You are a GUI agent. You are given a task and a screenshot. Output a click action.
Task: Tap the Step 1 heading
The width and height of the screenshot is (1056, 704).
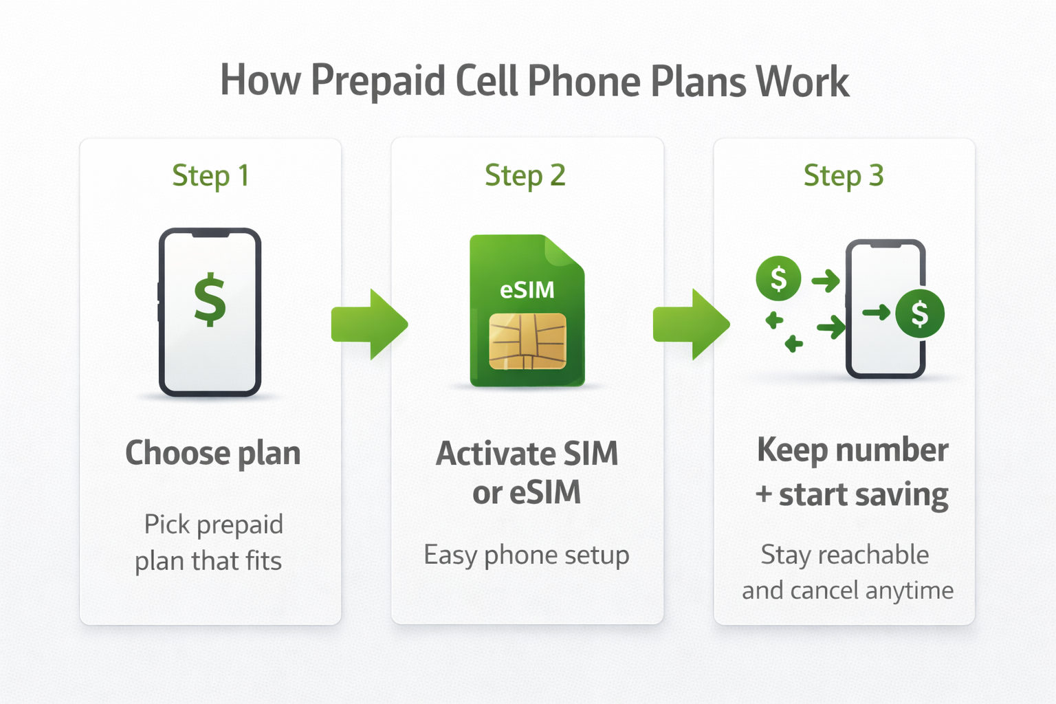(x=210, y=176)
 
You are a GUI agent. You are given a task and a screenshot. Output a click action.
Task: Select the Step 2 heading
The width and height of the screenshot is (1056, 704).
(x=525, y=176)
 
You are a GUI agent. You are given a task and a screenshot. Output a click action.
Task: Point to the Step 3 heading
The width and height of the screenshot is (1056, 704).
(x=844, y=176)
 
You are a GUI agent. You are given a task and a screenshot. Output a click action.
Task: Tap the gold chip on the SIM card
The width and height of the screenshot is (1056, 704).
(x=527, y=342)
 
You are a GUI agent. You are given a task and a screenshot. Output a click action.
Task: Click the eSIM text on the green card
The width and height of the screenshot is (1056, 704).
(x=527, y=290)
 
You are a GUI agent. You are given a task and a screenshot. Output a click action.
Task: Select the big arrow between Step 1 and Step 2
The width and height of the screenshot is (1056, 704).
(x=369, y=324)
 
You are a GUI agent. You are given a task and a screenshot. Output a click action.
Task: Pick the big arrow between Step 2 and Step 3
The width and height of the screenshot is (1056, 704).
(x=691, y=324)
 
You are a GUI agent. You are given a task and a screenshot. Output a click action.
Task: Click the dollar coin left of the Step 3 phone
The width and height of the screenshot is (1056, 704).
(x=778, y=278)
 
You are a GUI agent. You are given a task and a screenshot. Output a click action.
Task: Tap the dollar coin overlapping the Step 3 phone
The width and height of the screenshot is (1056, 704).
(x=920, y=313)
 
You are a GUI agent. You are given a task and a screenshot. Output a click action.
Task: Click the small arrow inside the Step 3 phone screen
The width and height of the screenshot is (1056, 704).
(x=877, y=313)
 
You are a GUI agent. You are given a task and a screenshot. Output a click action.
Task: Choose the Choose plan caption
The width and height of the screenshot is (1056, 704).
(x=212, y=454)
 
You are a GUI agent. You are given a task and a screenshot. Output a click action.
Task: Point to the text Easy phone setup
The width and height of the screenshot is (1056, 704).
(x=527, y=555)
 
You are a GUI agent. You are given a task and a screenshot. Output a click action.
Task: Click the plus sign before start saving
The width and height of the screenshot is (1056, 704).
(x=764, y=494)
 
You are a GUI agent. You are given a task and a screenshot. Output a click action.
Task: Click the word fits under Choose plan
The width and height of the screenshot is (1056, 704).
(x=263, y=561)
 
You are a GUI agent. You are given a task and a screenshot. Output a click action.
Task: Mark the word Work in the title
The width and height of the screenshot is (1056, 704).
(x=802, y=81)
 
